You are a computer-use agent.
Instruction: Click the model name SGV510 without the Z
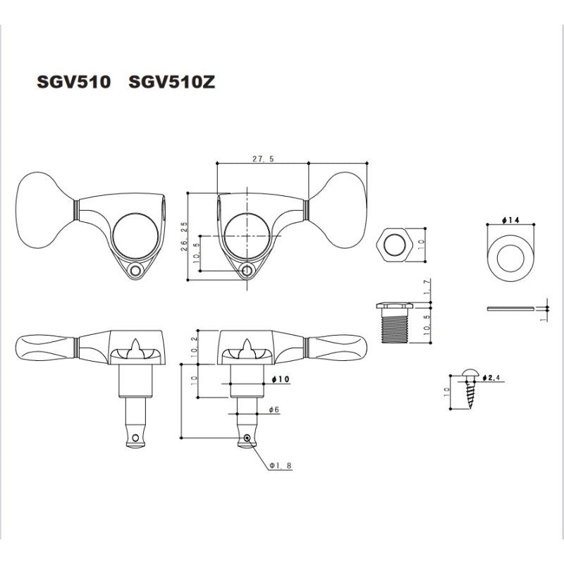pos(73,82)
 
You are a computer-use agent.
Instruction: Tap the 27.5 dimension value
pos(262,160)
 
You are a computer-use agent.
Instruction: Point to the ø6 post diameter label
pos(274,410)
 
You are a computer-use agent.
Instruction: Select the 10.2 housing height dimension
pos(195,346)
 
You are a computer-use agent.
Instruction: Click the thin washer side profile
pos(509,308)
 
